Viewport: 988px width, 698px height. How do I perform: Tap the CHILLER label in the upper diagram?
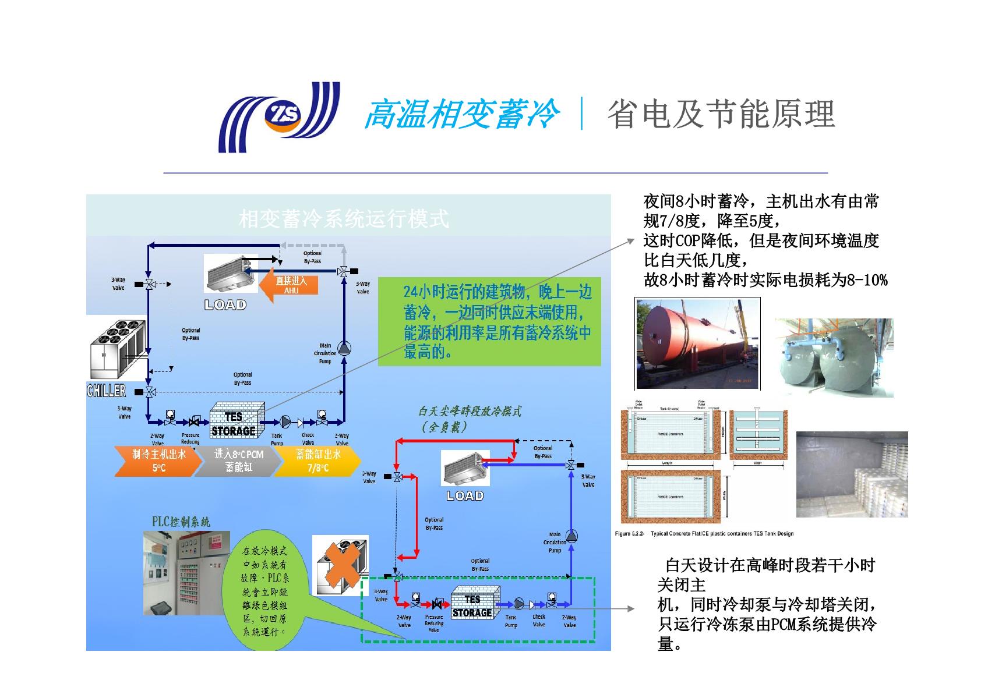tap(106, 391)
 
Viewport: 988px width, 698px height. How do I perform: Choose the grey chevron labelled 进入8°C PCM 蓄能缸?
tap(238, 461)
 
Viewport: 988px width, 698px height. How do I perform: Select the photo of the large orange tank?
tap(697, 343)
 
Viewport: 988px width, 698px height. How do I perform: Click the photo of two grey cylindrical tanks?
tap(834, 358)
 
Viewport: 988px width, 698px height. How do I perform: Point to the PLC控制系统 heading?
tap(181, 522)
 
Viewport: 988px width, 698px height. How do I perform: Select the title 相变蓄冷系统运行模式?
tap(344, 219)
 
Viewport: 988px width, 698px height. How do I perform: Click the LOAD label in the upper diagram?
tap(225, 304)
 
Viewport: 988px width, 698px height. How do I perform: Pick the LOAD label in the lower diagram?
tap(465, 496)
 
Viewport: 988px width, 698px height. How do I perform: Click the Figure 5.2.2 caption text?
tap(704, 533)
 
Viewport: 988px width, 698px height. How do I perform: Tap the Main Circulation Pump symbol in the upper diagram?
tap(344, 348)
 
